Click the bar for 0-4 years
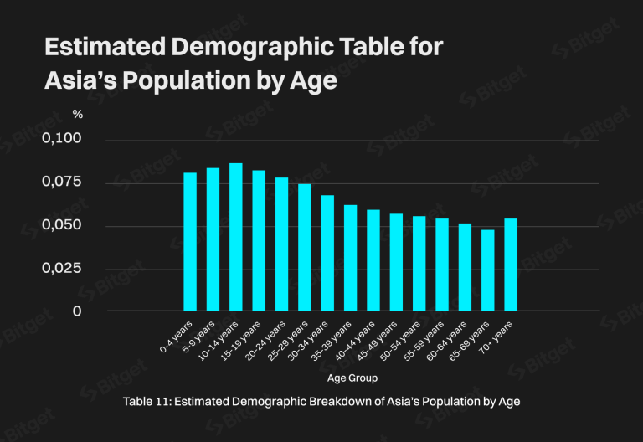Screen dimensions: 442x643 (190, 242)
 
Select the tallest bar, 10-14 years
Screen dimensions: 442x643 (236, 237)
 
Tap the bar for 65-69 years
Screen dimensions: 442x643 (487, 270)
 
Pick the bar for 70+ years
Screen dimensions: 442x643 (511, 265)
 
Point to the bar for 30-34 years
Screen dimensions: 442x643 (327, 253)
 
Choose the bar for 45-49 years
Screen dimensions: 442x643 (396, 262)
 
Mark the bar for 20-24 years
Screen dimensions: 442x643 (281, 244)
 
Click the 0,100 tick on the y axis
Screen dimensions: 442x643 (62, 138)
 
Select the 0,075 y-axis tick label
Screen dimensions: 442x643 (62, 182)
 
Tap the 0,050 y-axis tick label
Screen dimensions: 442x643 (62, 225)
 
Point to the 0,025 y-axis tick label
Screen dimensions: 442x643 (62, 269)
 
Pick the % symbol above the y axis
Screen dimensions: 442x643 (77, 114)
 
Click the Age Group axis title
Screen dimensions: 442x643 (351, 378)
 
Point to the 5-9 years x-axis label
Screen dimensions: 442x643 (198, 336)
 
